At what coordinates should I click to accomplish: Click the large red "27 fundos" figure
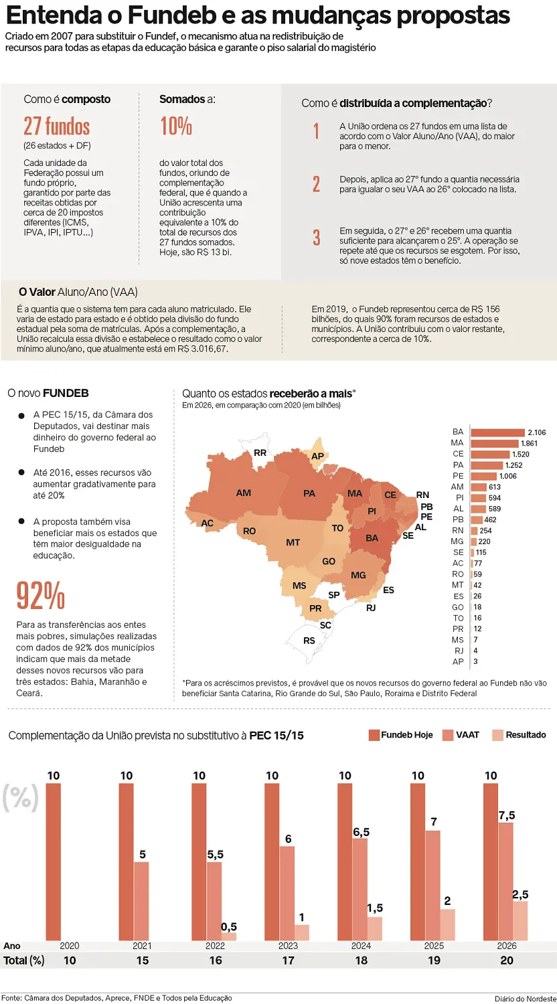pos(57,127)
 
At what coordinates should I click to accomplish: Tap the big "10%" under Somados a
pos(176,127)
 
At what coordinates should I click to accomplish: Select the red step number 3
pos(317,238)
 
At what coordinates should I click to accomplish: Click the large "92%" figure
pos(41,596)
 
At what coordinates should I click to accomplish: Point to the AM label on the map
pos(244,493)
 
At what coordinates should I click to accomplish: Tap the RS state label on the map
pos(309,641)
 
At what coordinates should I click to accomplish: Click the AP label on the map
pos(317,456)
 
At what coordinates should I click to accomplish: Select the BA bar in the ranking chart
pos(497,432)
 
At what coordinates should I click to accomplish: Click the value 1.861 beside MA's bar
pos(529,443)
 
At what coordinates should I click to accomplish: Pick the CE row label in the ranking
pos(458,454)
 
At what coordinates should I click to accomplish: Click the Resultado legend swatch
pos(497,735)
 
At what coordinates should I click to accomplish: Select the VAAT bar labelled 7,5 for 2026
pos(506,882)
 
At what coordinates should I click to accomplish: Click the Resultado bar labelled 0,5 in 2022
pos(229,936)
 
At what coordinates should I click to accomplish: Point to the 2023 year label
pos(288,946)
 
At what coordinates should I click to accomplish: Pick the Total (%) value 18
pos(361,960)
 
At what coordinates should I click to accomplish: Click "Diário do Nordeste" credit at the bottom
pos(526,999)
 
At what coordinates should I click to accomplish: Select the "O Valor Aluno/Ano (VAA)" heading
pos(78,292)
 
